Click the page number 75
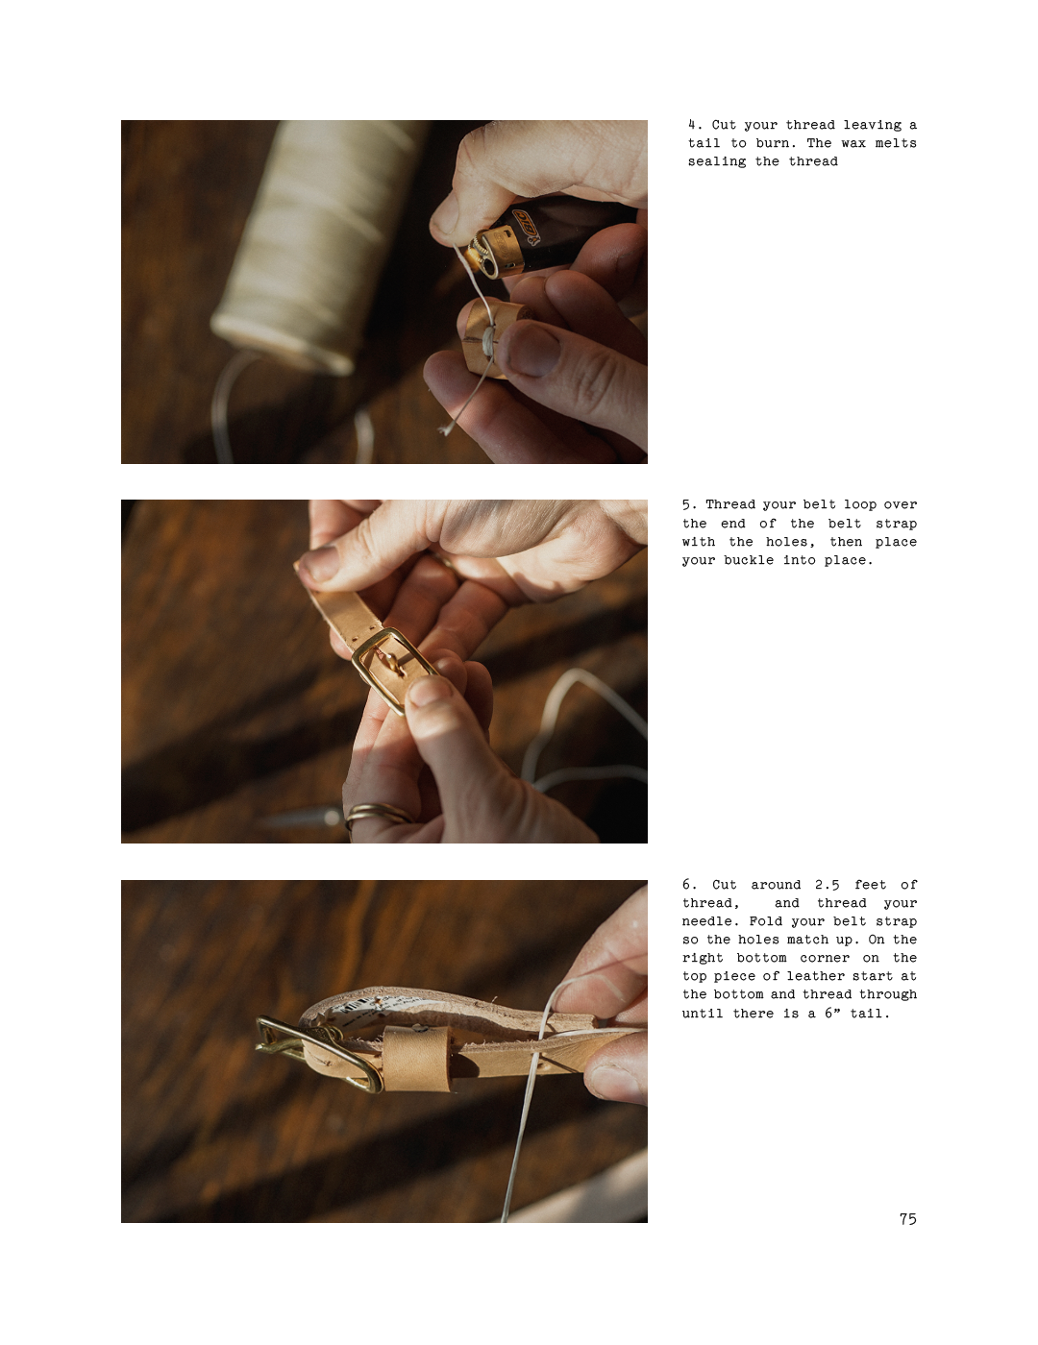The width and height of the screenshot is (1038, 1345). click(908, 1219)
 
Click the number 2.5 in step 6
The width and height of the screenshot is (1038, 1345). click(827, 885)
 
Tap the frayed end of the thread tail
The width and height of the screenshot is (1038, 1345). click(444, 428)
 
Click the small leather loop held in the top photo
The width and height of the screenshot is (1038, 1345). click(490, 337)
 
